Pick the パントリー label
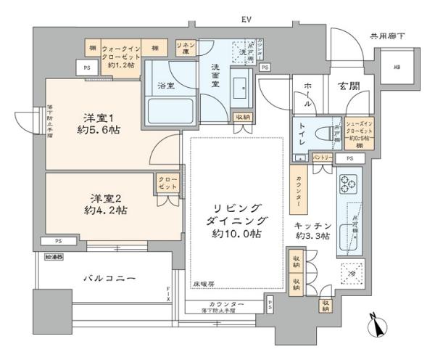click(x=323, y=157)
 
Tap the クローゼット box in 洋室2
click(x=165, y=184)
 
